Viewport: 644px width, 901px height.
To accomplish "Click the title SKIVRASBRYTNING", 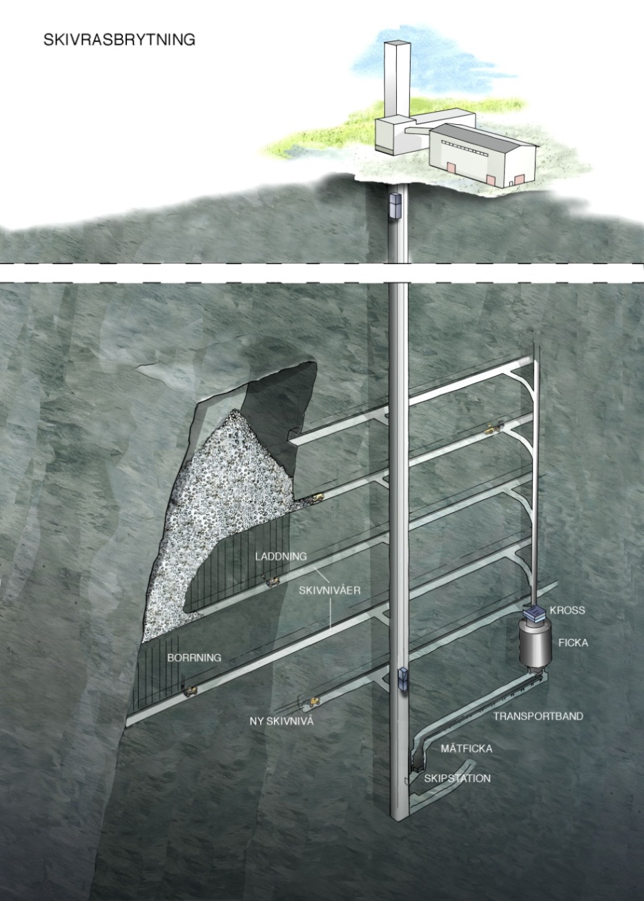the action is point(119,40).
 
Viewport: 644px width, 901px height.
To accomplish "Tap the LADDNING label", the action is point(281,557).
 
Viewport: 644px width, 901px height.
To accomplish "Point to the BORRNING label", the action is point(195,657).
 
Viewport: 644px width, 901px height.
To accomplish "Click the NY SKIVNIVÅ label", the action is point(282,721).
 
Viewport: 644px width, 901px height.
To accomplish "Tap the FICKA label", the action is point(573,643).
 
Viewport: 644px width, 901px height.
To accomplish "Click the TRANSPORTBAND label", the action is point(538,716).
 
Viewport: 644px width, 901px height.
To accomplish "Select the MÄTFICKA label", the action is point(467,749).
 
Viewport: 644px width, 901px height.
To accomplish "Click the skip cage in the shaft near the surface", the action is point(396,206).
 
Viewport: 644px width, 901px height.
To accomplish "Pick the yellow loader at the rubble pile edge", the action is point(315,498).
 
